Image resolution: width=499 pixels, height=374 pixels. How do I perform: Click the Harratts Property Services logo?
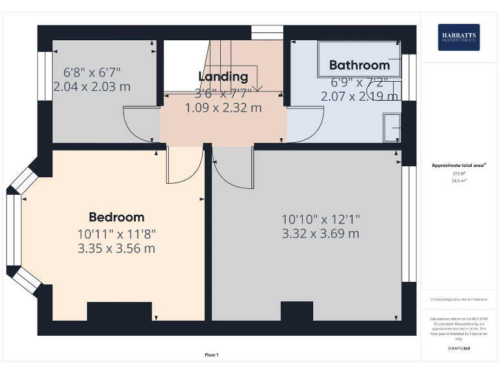[x=459, y=38]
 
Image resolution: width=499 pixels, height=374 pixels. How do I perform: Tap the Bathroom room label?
[x=359, y=65]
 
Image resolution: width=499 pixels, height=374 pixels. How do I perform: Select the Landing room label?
[x=223, y=77]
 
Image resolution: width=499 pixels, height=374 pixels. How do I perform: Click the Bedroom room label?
[x=116, y=217]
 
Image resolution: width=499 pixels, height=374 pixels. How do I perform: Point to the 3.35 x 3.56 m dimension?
[x=116, y=248]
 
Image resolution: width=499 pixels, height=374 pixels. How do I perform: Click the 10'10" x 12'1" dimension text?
[x=320, y=219]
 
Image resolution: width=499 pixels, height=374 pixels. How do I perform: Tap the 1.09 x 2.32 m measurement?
[x=223, y=108]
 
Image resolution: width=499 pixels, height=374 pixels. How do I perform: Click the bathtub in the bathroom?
[x=359, y=58]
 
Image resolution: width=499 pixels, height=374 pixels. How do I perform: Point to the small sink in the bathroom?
[x=392, y=128]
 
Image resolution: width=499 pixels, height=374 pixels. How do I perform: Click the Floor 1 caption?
[x=211, y=355]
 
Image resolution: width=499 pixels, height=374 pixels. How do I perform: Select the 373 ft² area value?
[x=459, y=174]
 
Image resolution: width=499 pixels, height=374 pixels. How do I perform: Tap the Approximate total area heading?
[x=459, y=166]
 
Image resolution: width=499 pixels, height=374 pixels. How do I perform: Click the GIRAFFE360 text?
[x=459, y=349]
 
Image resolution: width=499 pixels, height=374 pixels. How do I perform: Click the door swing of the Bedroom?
[x=184, y=166]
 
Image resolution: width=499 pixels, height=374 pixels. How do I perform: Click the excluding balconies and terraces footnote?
[x=459, y=299]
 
